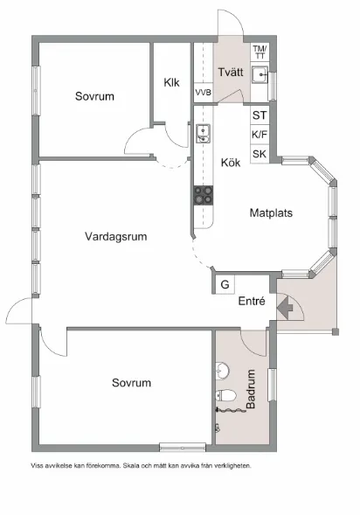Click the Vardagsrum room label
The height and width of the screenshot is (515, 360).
pos(115,236)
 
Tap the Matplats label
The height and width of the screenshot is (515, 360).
pos(271,212)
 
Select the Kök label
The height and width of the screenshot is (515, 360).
pos(231,162)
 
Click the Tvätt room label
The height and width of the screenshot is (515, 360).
pos(232,72)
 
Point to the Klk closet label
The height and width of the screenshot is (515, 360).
pos(172,83)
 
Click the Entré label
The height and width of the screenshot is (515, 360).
pos(252,302)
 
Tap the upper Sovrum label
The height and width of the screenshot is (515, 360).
pos(94,96)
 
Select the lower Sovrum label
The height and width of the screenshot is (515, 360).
pos(132,383)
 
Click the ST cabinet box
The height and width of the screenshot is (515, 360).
pos(260,115)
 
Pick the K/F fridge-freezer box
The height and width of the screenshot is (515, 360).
pos(260,135)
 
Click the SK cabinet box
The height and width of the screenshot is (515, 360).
pos(260,154)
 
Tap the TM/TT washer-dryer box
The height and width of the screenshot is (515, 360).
pos(260,52)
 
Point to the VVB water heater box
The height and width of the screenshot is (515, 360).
pos(203,92)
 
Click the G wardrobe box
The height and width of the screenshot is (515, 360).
pos(225,284)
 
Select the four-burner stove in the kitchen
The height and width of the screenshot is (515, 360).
pos(204,195)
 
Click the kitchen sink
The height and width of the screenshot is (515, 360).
pos(203,133)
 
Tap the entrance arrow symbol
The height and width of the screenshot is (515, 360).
pos(283,307)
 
